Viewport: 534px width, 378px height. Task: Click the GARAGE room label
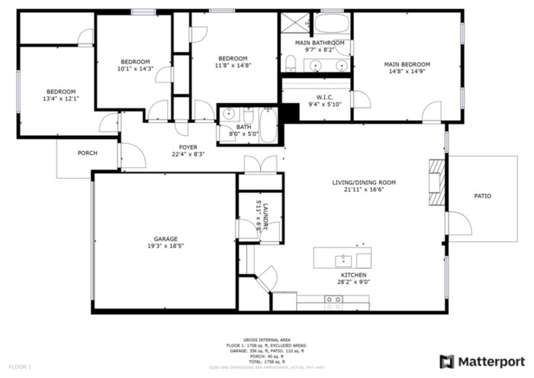pos(166,238)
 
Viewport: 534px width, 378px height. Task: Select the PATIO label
pos(482,196)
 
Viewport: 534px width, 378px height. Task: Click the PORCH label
pos(88,153)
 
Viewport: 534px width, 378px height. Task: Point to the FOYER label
pos(188,147)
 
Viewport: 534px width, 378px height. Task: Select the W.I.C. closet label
pos(325,97)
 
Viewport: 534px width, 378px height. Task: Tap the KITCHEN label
pos(353,275)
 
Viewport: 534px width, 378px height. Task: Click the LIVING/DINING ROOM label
pos(364,183)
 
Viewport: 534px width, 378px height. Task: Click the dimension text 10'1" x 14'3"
pos(135,69)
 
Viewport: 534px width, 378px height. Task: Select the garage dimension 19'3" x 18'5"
pos(166,246)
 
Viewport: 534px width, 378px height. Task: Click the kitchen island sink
pos(343,259)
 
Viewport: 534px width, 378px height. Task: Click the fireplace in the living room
pos(436,183)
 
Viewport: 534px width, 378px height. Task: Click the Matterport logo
pos(482,360)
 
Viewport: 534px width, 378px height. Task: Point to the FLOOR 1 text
pos(20,367)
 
